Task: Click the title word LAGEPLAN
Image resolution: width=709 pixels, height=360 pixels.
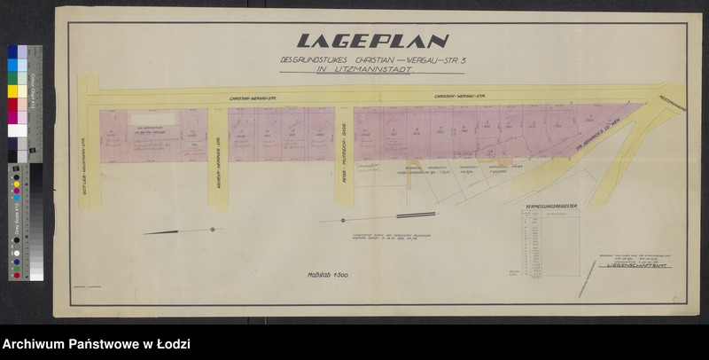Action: [x=372, y=41]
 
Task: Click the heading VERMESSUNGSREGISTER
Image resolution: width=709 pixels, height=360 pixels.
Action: [x=551, y=206]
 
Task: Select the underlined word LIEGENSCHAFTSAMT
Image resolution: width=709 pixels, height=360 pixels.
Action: [x=633, y=263]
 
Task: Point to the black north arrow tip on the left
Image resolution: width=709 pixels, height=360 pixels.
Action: [x=146, y=233]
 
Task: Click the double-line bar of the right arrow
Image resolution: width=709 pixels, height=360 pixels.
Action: [x=417, y=215]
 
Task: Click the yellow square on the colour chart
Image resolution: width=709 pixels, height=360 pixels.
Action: [x=13, y=90]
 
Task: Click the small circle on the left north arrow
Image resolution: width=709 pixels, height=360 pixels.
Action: [x=213, y=230]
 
